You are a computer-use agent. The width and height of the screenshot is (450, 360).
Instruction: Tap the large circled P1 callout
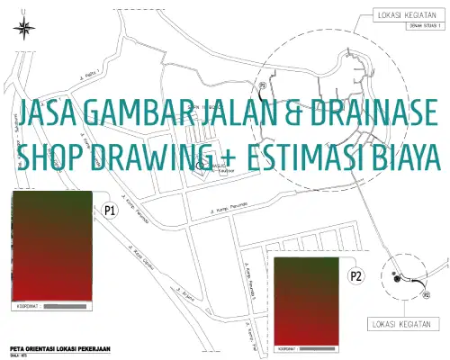[x=110, y=210]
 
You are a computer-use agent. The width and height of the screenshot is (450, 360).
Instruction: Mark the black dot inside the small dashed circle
[x=396, y=278]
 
